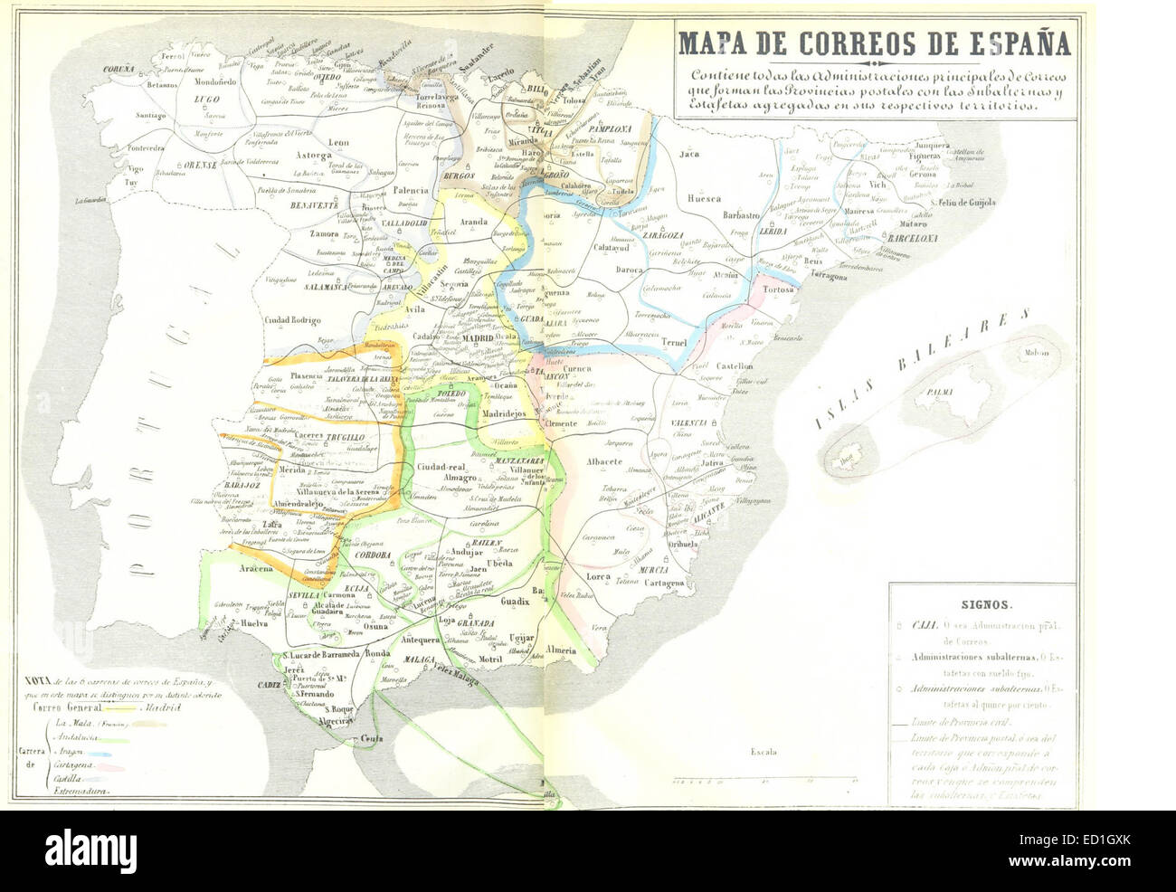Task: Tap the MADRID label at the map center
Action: (478, 337)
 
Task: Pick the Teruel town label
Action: (674, 343)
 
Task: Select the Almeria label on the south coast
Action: (561, 649)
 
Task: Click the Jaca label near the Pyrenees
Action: (690, 154)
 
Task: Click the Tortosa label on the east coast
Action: (778, 289)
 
